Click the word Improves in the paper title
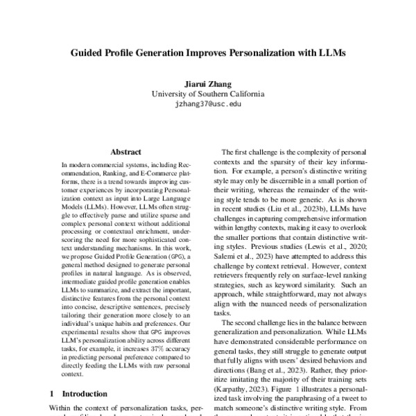click(204, 52)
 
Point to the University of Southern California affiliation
click(208, 93)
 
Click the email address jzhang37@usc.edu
click(208, 103)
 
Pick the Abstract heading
click(125, 152)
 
